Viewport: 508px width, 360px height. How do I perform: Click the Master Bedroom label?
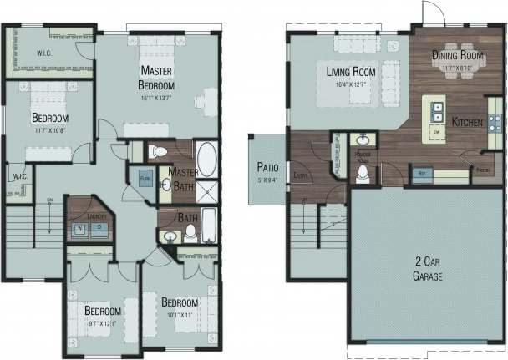pyautogui.click(x=156, y=78)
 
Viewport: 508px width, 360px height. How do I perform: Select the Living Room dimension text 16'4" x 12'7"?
pyautogui.click(x=351, y=84)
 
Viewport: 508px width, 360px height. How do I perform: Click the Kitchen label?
pyautogui.click(x=467, y=122)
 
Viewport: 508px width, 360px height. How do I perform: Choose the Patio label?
pyautogui.click(x=268, y=167)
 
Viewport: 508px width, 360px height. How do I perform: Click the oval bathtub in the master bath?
pyautogui.click(x=206, y=158)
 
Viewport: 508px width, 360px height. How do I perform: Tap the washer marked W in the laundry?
pyautogui.click(x=80, y=226)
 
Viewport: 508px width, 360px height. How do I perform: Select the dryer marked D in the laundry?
pyautogui.click(x=98, y=226)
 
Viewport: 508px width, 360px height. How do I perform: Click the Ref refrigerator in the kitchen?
pyautogui.click(x=421, y=174)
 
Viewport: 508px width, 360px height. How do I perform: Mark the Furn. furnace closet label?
pyautogui.click(x=145, y=179)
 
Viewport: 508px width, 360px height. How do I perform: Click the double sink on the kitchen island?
pyautogui.click(x=435, y=109)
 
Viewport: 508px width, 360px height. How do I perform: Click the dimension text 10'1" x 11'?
pyautogui.click(x=179, y=315)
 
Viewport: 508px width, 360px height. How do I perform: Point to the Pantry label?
pyautogui.click(x=482, y=170)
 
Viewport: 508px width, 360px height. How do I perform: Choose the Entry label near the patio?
pyautogui.click(x=301, y=175)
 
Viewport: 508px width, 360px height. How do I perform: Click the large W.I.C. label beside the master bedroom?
pyautogui.click(x=43, y=55)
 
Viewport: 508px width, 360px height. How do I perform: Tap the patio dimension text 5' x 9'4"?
pyautogui.click(x=268, y=179)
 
